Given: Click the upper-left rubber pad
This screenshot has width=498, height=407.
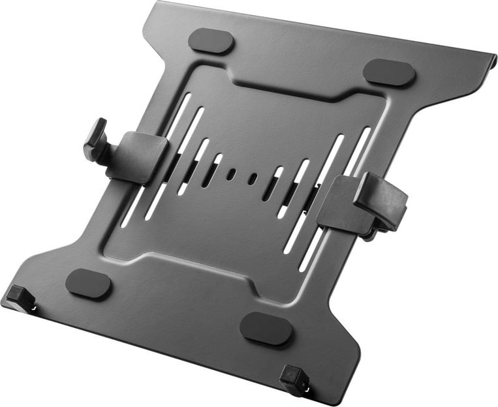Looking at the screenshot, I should coord(211,40).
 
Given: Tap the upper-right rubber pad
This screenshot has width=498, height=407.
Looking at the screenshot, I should coord(389,72).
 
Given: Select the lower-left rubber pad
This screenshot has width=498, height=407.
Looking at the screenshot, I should coord(89,284).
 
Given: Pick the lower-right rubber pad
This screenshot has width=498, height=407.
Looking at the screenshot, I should coord(266,328).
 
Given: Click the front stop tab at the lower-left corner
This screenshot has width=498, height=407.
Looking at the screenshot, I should coord(20,297).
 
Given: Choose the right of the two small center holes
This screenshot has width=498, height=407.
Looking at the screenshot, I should coord(253,178).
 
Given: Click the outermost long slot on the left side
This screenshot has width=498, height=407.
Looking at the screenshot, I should coord(157,163).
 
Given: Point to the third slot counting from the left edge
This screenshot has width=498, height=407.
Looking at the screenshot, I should coord(191,169).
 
